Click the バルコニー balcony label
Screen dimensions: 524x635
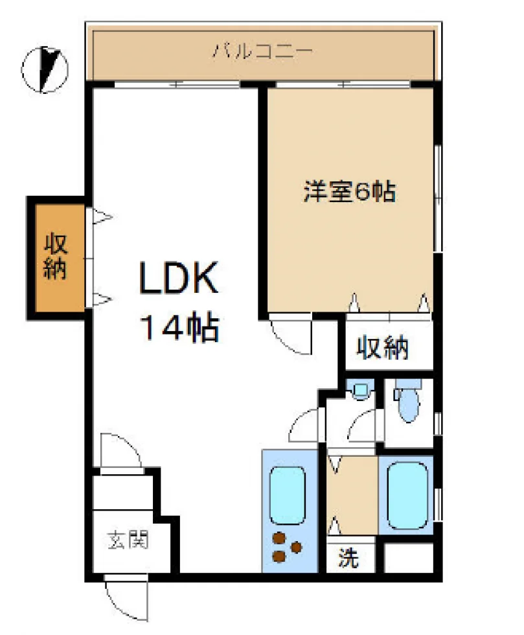click(x=263, y=51)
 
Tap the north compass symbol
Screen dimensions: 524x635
click(x=45, y=70)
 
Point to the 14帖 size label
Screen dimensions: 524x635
click(x=179, y=327)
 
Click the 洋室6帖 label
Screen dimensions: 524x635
click(x=350, y=191)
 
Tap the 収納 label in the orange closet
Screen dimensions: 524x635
click(x=55, y=256)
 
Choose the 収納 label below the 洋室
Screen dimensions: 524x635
click(x=382, y=347)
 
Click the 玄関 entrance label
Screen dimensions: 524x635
click(x=128, y=540)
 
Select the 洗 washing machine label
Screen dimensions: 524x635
click(x=348, y=557)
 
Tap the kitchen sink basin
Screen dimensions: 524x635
click(x=287, y=495)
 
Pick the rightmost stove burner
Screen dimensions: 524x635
click(x=297, y=547)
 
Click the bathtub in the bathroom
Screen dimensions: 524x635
click(x=407, y=496)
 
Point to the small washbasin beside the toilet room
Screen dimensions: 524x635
click(x=360, y=391)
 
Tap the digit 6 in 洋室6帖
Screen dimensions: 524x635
click(x=362, y=192)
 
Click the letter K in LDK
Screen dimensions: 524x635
click(x=204, y=278)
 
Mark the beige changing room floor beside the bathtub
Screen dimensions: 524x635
click(x=352, y=496)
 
